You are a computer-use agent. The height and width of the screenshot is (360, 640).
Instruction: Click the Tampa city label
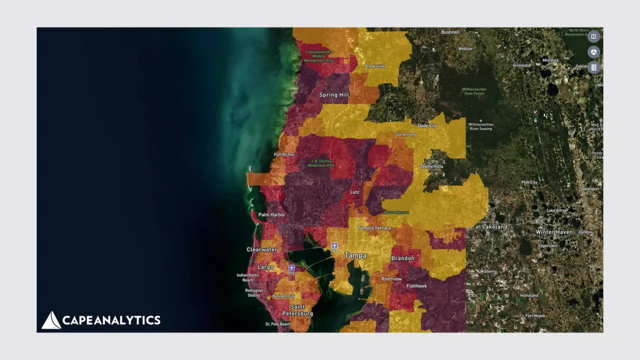pos(356,256)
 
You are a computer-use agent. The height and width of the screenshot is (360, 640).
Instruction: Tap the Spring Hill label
pos(334,95)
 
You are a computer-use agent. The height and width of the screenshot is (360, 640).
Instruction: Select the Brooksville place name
pos(374,66)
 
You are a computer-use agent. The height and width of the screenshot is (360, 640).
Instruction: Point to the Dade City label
pos(427,126)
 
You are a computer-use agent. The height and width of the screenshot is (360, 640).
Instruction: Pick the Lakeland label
pos(494,226)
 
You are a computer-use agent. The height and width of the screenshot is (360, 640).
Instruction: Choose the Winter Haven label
pos(554,232)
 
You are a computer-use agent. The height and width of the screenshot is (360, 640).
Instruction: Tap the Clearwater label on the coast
pos(261,249)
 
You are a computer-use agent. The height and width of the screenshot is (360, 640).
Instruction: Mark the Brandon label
pos(402,258)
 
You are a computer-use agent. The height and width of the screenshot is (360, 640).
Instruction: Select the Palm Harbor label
pos(272,215)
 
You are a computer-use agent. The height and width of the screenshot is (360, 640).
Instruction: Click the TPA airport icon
pos(335,246)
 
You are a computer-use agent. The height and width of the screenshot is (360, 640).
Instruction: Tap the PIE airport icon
pos(291,268)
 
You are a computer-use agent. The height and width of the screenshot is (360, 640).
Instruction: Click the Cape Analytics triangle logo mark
pos(51,320)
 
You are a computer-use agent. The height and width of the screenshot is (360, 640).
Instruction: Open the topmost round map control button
pos(593,36)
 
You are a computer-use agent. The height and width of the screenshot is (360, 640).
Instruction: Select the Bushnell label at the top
pos(450,32)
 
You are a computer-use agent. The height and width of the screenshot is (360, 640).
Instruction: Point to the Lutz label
pos(355,192)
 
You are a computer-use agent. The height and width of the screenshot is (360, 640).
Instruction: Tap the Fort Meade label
pos(535,316)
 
